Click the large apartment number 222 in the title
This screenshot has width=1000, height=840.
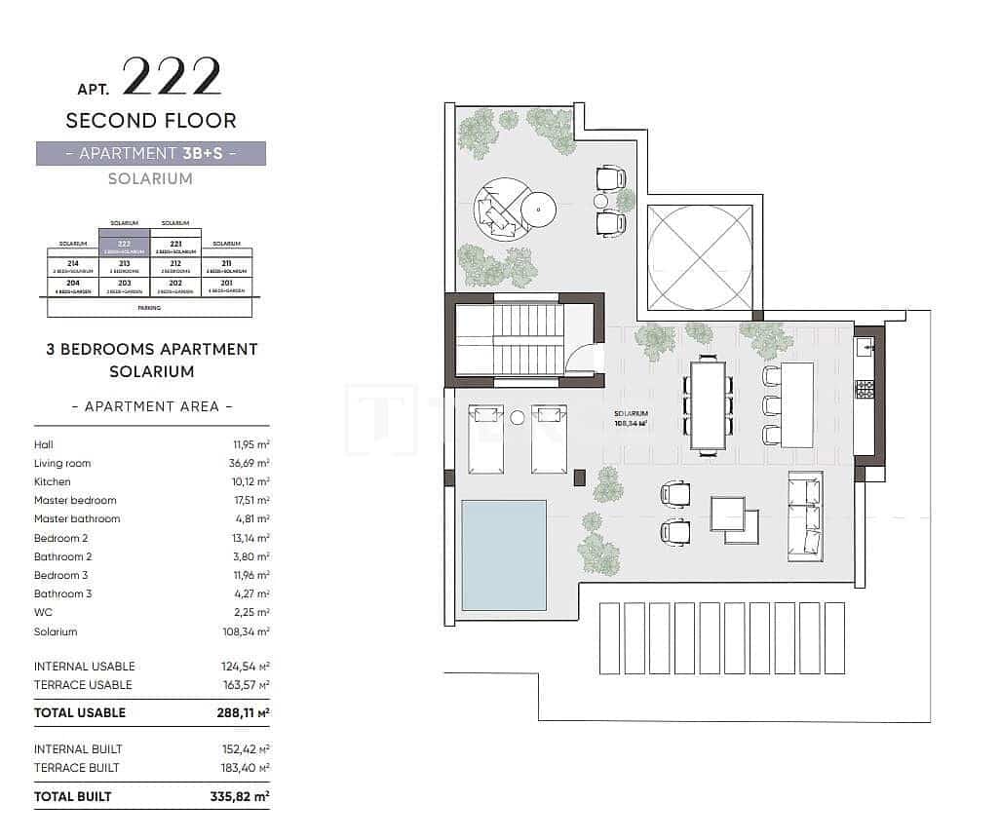(173, 79)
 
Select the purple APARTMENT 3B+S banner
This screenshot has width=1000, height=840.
(151, 153)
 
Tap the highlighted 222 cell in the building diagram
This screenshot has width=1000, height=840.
(124, 246)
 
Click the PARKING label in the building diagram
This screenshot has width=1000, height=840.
(149, 308)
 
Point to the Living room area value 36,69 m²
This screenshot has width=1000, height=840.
(249, 463)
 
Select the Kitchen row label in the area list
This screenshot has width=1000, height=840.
(53, 481)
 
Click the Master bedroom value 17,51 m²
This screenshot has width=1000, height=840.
(249, 500)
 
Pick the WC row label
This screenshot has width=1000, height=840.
(43, 612)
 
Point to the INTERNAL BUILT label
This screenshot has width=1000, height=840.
(78, 748)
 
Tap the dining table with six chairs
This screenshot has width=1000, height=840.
(708, 404)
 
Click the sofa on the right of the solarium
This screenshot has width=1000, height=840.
(805, 516)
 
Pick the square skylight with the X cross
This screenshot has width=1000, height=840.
(700, 257)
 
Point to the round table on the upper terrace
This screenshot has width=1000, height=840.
(538, 208)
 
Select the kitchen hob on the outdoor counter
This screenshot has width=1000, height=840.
(865, 389)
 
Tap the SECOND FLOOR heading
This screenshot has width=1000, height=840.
(151, 121)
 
